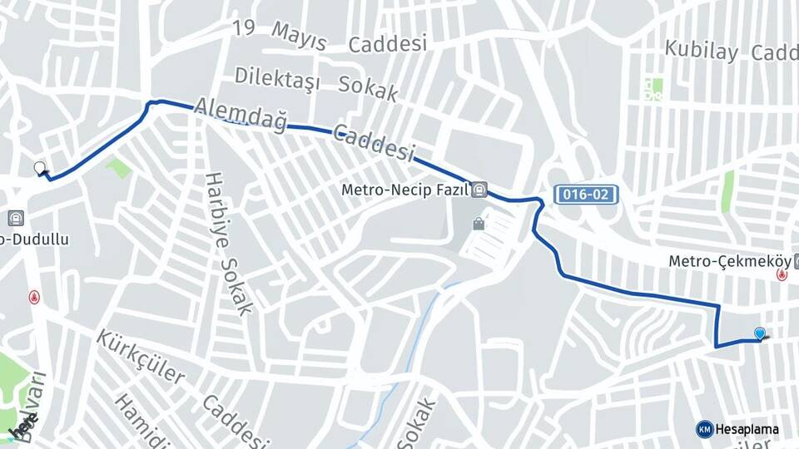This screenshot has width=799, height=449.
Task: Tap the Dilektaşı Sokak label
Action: [315, 82]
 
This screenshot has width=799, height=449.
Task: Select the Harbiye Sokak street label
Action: [227, 244]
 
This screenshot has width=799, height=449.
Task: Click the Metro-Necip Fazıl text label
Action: [405, 190]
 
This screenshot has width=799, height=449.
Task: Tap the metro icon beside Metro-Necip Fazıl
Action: [479, 190]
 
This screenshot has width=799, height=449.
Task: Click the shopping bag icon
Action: [479, 223]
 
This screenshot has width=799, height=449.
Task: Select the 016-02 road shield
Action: [587, 195]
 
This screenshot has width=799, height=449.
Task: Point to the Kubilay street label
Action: [701, 51]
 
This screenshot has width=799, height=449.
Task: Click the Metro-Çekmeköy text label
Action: [728, 261]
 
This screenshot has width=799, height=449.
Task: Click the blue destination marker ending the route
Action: [759, 333]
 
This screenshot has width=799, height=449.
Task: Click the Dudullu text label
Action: [37, 239]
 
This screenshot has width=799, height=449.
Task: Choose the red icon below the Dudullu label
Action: [34, 296]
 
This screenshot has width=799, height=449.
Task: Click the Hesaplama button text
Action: [747, 430]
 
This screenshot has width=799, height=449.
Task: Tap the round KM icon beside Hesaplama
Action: [705, 429]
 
